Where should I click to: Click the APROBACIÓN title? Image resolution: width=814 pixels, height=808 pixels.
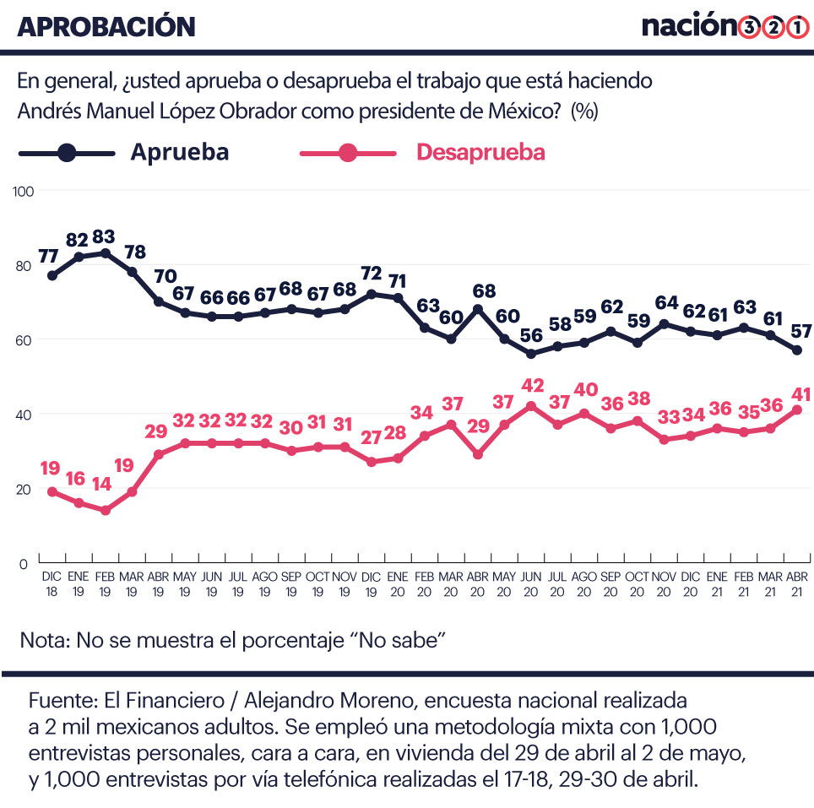click(x=106, y=26)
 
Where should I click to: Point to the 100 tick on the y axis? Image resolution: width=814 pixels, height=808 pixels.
click(x=24, y=191)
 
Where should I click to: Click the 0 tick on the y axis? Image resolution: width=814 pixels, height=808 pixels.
click(x=24, y=563)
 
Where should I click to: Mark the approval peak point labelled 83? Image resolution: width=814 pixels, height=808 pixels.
click(x=105, y=252)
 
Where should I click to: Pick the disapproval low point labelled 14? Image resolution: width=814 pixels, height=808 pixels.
click(x=105, y=510)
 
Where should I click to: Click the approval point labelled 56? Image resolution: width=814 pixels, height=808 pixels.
click(x=531, y=354)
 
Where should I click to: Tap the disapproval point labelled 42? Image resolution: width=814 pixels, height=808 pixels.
click(x=531, y=406)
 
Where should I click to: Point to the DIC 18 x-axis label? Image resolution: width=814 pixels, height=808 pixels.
click(x=52, y=583)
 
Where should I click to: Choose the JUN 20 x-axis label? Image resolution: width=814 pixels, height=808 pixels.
click(x=531, y=583)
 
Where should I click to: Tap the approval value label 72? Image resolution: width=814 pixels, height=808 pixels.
click(x=371, y=274)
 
